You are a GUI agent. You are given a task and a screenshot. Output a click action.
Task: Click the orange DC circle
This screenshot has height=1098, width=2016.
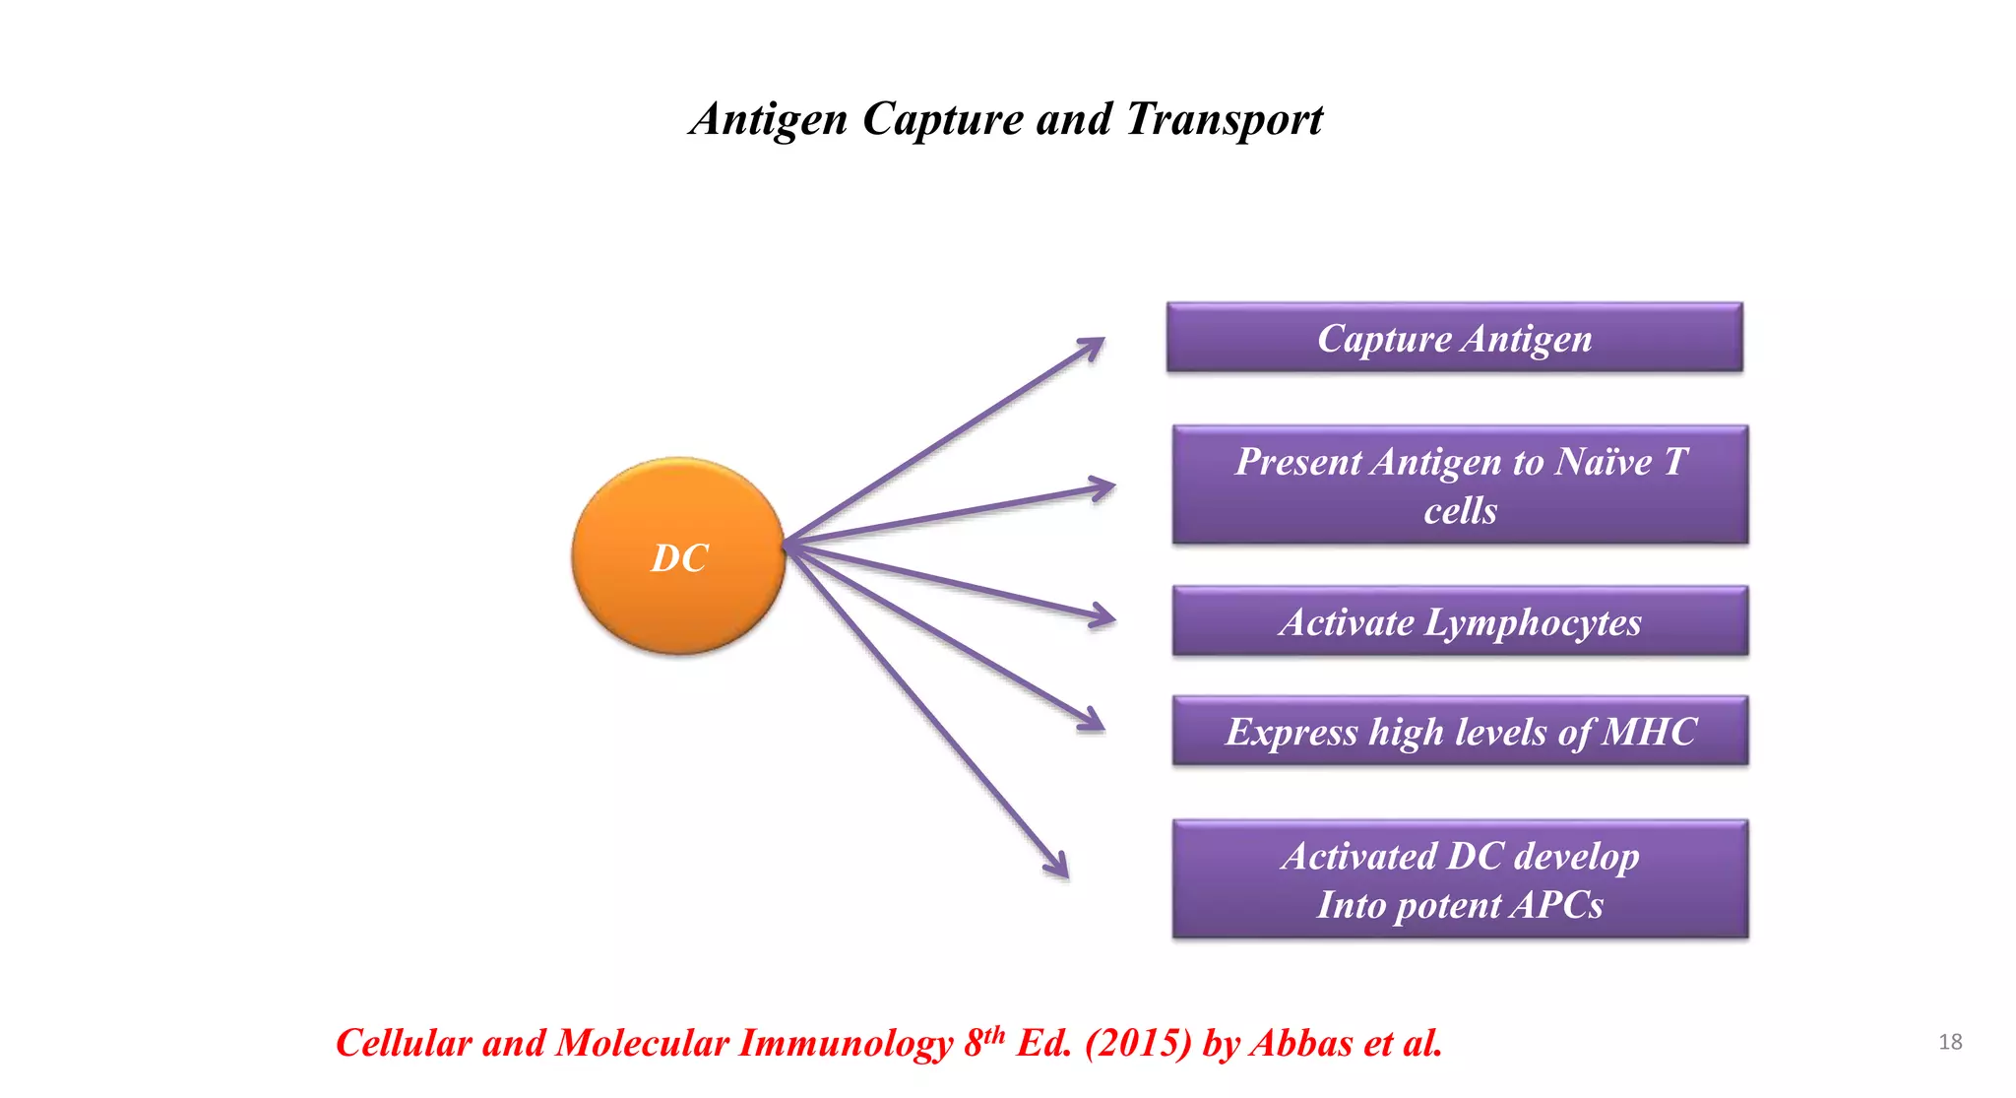tap(678, 556)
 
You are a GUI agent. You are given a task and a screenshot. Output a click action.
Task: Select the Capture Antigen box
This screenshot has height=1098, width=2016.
tap(1454, 338)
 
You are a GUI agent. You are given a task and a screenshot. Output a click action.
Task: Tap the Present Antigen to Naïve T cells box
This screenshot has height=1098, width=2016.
tap(1460, 484)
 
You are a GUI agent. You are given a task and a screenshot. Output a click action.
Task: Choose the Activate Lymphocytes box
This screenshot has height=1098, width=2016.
tap(1460, 621)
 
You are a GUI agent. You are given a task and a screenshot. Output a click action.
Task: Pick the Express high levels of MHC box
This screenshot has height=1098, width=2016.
tap(1460, 731)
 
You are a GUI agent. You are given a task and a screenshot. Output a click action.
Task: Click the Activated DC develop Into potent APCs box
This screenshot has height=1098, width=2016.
tap(1460, 878)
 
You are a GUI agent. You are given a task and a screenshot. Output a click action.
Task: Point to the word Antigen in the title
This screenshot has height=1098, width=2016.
tap(769, 119)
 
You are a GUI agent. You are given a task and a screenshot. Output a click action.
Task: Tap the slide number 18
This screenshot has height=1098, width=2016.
tap(1949, 1042)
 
